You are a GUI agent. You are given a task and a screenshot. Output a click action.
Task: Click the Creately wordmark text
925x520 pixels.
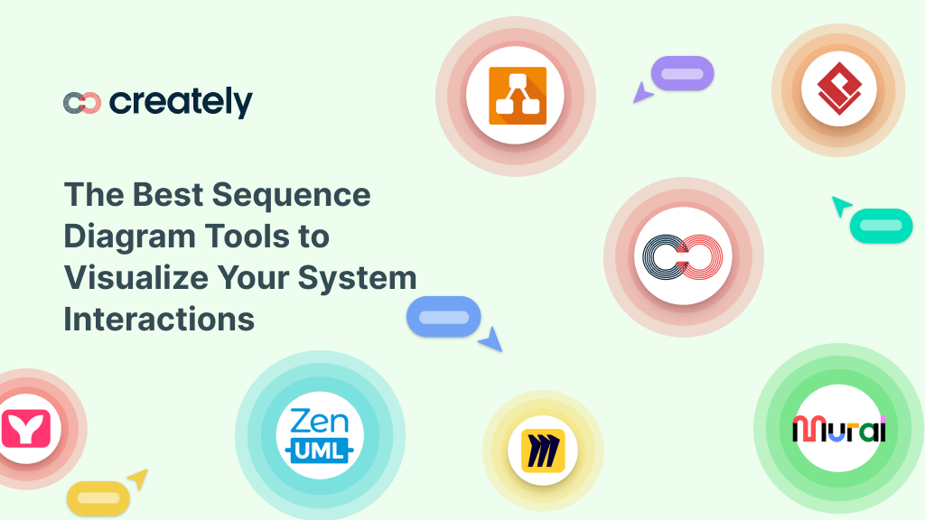(x=181, y=103)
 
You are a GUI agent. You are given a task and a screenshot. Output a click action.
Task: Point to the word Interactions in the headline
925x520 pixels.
(x=159, y=319)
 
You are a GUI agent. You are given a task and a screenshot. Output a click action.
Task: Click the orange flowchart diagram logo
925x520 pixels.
(x=515, y=95)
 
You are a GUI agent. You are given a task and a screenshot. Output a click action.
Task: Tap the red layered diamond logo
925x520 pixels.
(x=837, y=88)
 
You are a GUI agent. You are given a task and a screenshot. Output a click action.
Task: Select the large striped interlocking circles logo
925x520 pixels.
(x=683, y=257)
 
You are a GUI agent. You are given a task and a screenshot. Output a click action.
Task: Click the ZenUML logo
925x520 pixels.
(x=320, y=435)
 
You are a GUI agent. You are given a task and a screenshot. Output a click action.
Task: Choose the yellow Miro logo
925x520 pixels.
(x=542, y=450)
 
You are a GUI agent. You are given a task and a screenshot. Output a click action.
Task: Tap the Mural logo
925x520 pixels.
(x=838, y=429)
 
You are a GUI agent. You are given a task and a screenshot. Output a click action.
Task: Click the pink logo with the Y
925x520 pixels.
(x=25, y=429)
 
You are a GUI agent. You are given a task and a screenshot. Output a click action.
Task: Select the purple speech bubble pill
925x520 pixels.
(x=683, y=74)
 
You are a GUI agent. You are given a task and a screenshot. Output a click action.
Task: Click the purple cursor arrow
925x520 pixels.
(x=642, y=93)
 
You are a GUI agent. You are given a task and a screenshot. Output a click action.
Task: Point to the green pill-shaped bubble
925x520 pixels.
(x=881, y=226)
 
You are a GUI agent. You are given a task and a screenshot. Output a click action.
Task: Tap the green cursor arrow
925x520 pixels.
(x=841, y=206)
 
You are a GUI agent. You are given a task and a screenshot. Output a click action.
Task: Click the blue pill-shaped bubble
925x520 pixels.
(x=444, y=317)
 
